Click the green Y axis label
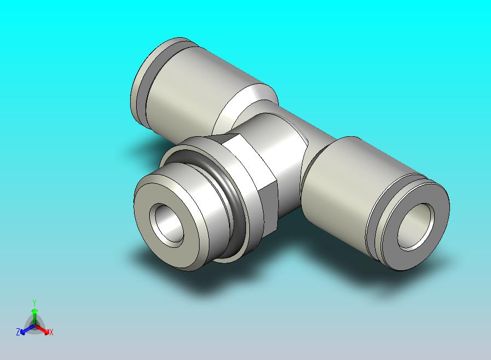tap(34, 303)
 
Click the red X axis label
tap(51, 332)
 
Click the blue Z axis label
tap(18, 332)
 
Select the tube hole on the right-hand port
tap(416, 226)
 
